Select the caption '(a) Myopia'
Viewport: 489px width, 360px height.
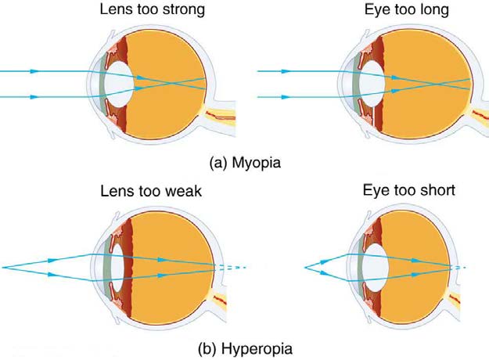point(244,164)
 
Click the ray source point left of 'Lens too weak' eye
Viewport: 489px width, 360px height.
point(3,267)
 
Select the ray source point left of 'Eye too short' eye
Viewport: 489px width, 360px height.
point(304,268)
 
